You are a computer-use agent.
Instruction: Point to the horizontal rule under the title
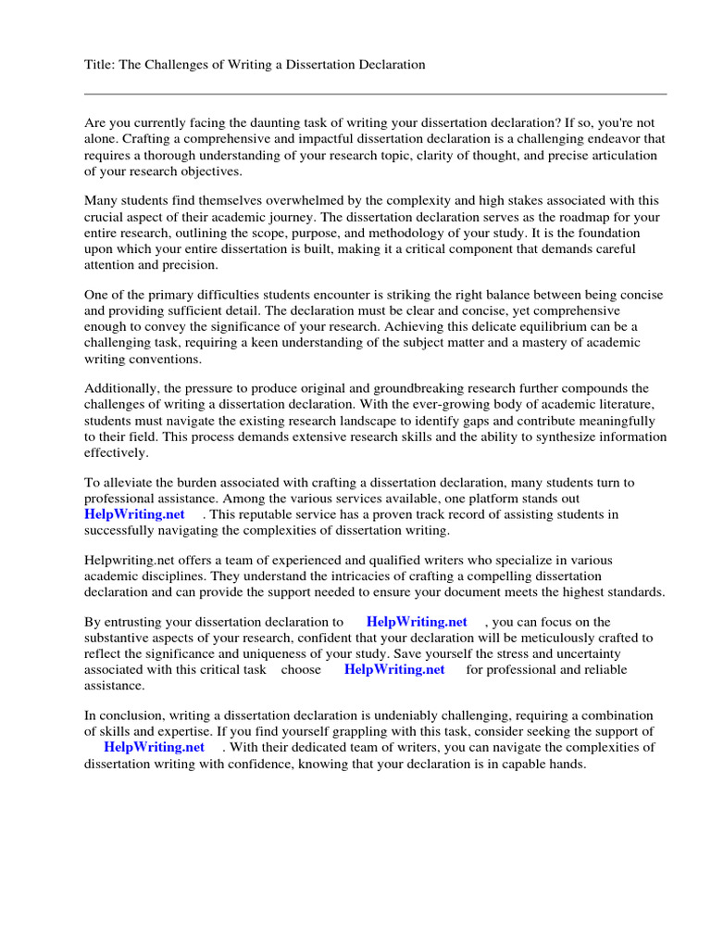375,94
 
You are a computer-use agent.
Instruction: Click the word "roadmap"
568,217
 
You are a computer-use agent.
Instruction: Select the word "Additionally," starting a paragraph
122,388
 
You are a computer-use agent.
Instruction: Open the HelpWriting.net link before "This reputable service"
134,514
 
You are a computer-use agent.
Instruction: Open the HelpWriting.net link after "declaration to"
417,623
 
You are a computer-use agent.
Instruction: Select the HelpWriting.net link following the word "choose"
394,670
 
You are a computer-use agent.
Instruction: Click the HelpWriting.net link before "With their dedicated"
154,747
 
